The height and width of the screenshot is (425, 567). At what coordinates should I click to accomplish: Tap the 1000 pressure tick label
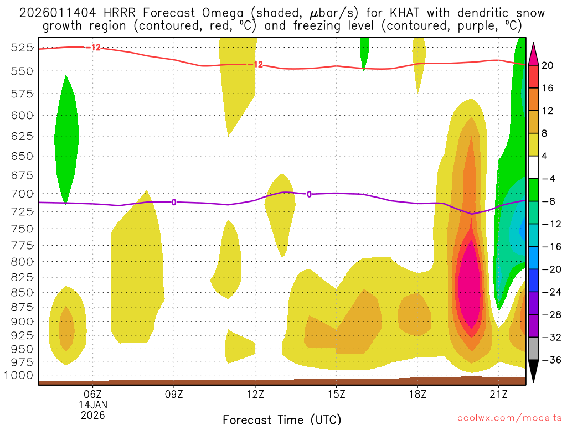(22, 375)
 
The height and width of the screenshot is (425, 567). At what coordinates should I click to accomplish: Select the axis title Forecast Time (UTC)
(282, 419)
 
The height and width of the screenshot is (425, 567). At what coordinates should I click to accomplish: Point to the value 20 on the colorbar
(548, 65)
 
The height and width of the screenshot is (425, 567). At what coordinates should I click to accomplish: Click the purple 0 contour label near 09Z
(174, 202)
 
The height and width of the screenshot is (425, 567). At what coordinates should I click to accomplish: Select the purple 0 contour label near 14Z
(309, 194)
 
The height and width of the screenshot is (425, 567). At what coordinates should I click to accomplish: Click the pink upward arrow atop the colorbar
(534, 54)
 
